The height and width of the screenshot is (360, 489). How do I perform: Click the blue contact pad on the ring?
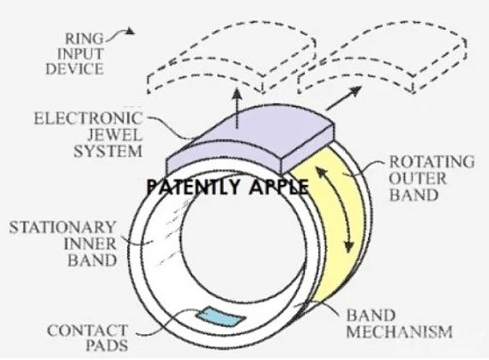tap(220, 316)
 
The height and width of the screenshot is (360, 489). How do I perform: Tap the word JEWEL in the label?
tap(115, 135)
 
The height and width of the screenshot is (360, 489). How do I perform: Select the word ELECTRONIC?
tap(88, 118)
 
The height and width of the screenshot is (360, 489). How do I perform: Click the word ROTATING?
tap(432, 162)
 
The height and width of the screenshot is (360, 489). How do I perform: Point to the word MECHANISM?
tap(400, 332)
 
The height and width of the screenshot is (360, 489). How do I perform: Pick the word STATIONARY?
tap(63, 227)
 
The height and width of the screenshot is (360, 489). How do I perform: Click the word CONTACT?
tap(88, 330)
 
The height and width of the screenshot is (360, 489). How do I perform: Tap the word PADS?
tap(107, 345)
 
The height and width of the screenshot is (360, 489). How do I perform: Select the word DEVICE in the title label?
tap(75, 69)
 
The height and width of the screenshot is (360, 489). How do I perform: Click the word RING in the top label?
tap(84, 39)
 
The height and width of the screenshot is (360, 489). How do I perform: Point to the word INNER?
tap(90, 243)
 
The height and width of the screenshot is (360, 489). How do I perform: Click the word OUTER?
tap(417, 178)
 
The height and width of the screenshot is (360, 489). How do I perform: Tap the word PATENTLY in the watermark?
tap(193, 187)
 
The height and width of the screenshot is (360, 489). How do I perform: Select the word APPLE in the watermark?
tap(279, 187)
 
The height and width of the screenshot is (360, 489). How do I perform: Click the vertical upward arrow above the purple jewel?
tap(238, 108)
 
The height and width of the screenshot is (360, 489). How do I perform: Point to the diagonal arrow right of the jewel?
tap(344, 99)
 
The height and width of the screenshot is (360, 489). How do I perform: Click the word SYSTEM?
tap(108, 152)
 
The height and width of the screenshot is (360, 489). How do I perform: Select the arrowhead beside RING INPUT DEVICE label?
tap(130, 31)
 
